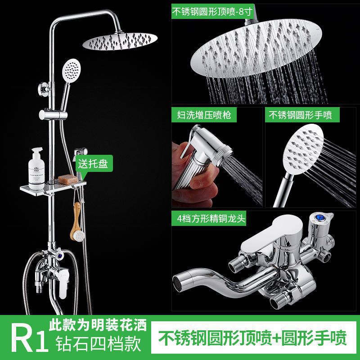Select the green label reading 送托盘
[x=94, y=163]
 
